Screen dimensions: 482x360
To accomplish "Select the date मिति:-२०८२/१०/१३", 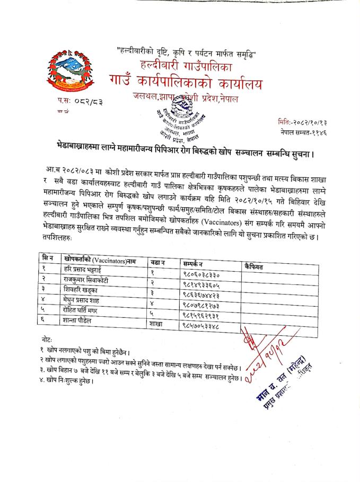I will click(x=302, y=121).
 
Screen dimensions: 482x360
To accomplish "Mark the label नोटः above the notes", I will click(x=47, y=339).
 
